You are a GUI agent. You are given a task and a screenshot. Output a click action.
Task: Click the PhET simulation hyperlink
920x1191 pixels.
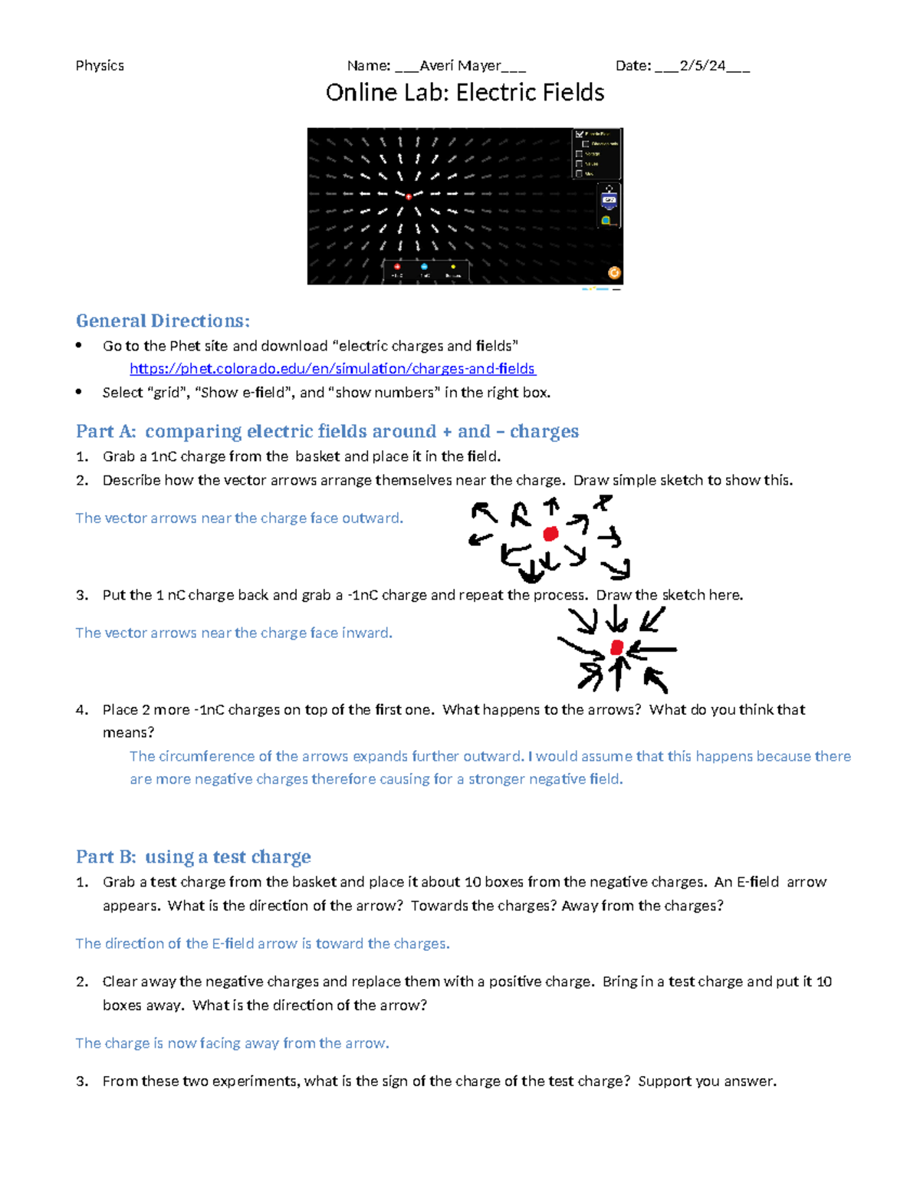[x=332, y=369]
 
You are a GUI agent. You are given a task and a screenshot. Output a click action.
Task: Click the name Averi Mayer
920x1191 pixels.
[x=460, y=66]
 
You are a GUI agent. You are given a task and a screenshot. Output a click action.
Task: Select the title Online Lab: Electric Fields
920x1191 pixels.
[x=465, y=93]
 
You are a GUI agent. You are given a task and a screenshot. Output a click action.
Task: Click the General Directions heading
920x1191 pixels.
[x=163, y=321]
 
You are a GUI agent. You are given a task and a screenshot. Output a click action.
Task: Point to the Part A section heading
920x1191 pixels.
[x=327, y=431]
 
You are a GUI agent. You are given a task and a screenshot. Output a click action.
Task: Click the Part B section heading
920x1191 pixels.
[x=193, y=857]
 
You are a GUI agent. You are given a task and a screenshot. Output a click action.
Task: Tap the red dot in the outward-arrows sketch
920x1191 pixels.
[x=550, y=534]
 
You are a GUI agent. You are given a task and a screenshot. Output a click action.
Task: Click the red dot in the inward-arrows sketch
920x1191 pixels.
[x=617, y=649]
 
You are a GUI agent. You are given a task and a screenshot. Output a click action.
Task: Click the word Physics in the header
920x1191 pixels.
[x=100, y=66]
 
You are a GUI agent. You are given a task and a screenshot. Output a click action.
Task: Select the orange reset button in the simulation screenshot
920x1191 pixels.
[x=614, y=273]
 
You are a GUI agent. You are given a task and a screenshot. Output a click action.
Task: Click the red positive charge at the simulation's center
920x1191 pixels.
[x=409, y=196]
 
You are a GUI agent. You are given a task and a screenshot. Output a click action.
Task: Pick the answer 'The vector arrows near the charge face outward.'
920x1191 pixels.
[x=239, y=518]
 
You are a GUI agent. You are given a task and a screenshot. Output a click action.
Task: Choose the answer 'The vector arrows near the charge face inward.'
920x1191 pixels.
[x=234, y=633]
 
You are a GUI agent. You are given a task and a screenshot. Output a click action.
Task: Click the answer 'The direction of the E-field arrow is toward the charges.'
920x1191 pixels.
[x=262, y=944]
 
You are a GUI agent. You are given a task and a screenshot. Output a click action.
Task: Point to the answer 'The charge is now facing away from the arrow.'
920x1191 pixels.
[x=232, y=1044]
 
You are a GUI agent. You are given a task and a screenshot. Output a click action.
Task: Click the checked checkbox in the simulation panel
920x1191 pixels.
[x=580, y=134]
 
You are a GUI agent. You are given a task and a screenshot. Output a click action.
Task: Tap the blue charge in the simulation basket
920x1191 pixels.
[x=424, y=267]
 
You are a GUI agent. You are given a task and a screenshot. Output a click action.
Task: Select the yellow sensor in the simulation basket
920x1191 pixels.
[x=453, y=267]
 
